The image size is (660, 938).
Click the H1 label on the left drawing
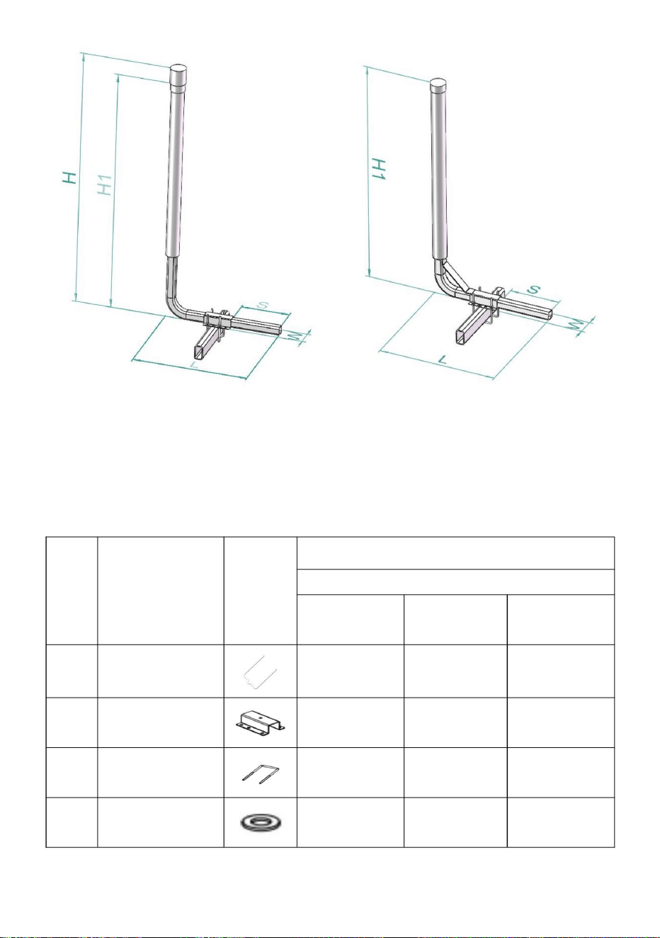click(x=105, y=184)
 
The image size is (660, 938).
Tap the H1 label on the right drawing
click(x=379, y=169)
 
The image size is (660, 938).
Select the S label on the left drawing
click(x=262, y=305)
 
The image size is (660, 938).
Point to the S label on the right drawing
click(x=533, y=289)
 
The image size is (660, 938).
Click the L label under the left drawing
click(x=193, y=364)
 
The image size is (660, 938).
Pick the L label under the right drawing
click(x=443, y=359)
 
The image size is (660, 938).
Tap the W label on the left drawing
click(x=297, y=337)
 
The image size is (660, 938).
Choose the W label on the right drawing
click(x=576, y=324)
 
